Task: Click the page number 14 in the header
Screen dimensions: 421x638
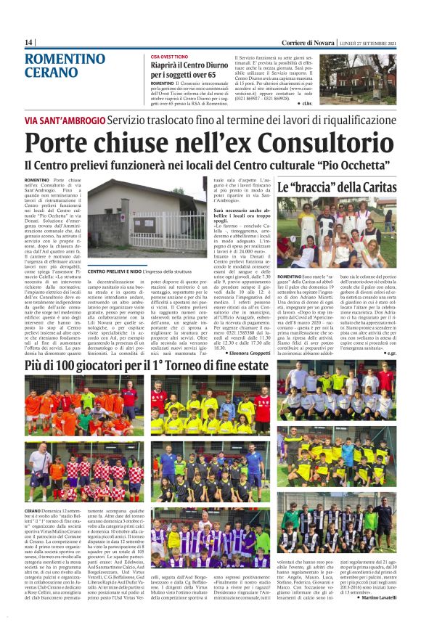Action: coord(28,42)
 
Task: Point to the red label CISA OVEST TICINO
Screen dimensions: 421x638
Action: coord(171,57)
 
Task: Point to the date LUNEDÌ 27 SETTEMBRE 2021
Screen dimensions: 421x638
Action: coord(367,42)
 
